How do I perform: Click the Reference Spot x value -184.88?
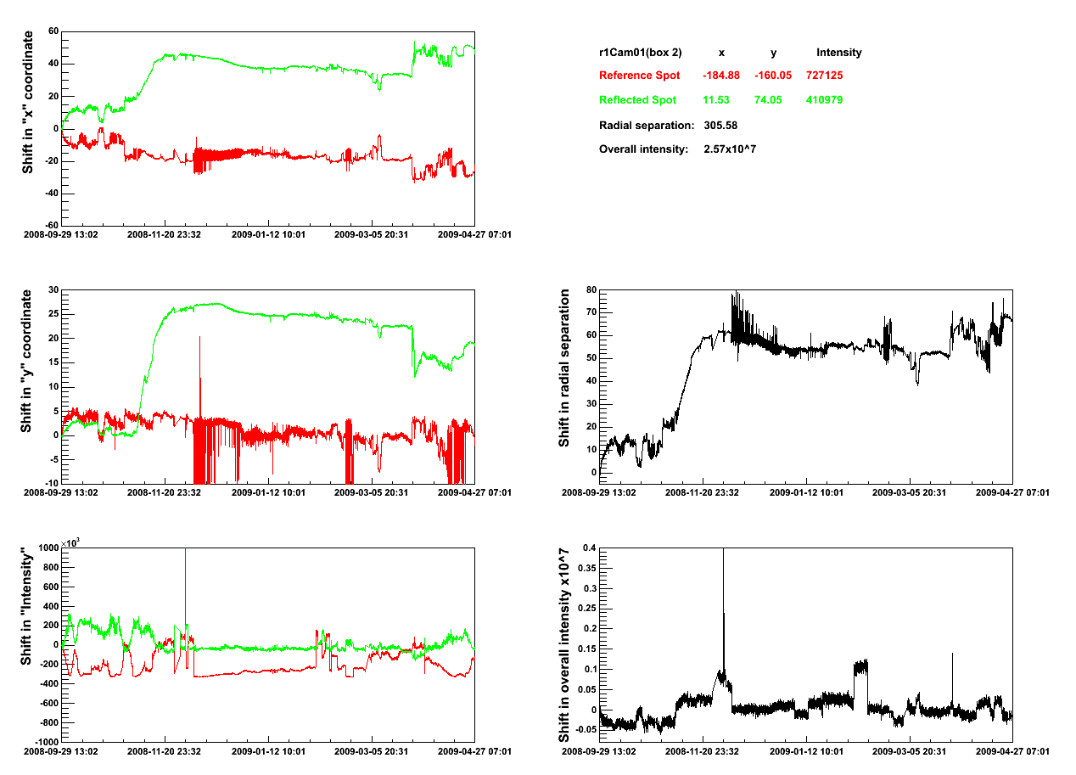click(720, 76)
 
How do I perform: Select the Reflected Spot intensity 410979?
click(824, 100)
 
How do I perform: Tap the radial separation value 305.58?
click(720, 126)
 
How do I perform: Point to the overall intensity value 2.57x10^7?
click(730, 149)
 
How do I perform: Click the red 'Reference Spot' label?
click(639, 76)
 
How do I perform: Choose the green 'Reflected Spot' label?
click(637, 100)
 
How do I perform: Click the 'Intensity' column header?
click(838, 53)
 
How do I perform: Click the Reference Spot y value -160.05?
click(773, 76)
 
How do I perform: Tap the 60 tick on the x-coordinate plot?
click(52, 31)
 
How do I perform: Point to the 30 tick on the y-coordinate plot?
click(52, 290)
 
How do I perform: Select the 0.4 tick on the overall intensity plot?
click(588, 548)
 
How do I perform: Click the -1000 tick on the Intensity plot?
click(44, 742)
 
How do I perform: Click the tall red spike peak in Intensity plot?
click(185, 551)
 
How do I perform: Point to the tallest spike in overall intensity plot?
click(723, 551)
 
